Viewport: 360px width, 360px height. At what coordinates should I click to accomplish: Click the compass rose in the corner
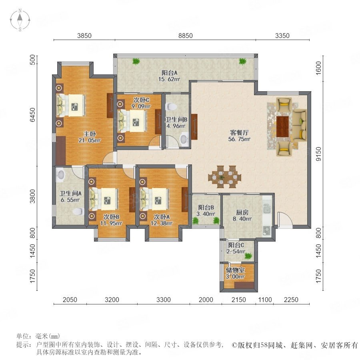20,20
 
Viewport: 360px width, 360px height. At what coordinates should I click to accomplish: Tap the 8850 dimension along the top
186,36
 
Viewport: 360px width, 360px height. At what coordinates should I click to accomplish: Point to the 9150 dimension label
318,154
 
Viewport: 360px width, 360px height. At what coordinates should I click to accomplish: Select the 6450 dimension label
33,114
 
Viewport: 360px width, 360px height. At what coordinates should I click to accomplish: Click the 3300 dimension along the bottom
164,300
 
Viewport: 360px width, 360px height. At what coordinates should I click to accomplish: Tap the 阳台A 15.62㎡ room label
169,76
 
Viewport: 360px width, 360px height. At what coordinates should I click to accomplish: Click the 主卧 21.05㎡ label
90,137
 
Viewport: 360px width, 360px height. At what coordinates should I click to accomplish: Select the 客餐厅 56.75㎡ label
239,136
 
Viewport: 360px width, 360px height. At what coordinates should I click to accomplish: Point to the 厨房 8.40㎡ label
242,216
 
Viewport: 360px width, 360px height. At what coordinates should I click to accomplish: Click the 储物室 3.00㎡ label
235,273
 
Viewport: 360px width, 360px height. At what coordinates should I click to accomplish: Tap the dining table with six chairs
225,177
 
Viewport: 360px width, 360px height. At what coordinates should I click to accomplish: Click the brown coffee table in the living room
282,127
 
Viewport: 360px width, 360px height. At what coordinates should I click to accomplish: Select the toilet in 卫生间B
171,106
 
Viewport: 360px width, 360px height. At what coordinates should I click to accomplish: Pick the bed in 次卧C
132,121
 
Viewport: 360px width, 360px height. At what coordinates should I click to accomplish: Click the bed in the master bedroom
71,106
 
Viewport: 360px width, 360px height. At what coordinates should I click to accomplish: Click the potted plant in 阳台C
248,256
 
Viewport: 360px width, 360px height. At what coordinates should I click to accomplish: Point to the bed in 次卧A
154,199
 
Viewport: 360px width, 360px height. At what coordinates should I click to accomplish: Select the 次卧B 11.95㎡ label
111,220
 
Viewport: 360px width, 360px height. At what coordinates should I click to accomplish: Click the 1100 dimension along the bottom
265,300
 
